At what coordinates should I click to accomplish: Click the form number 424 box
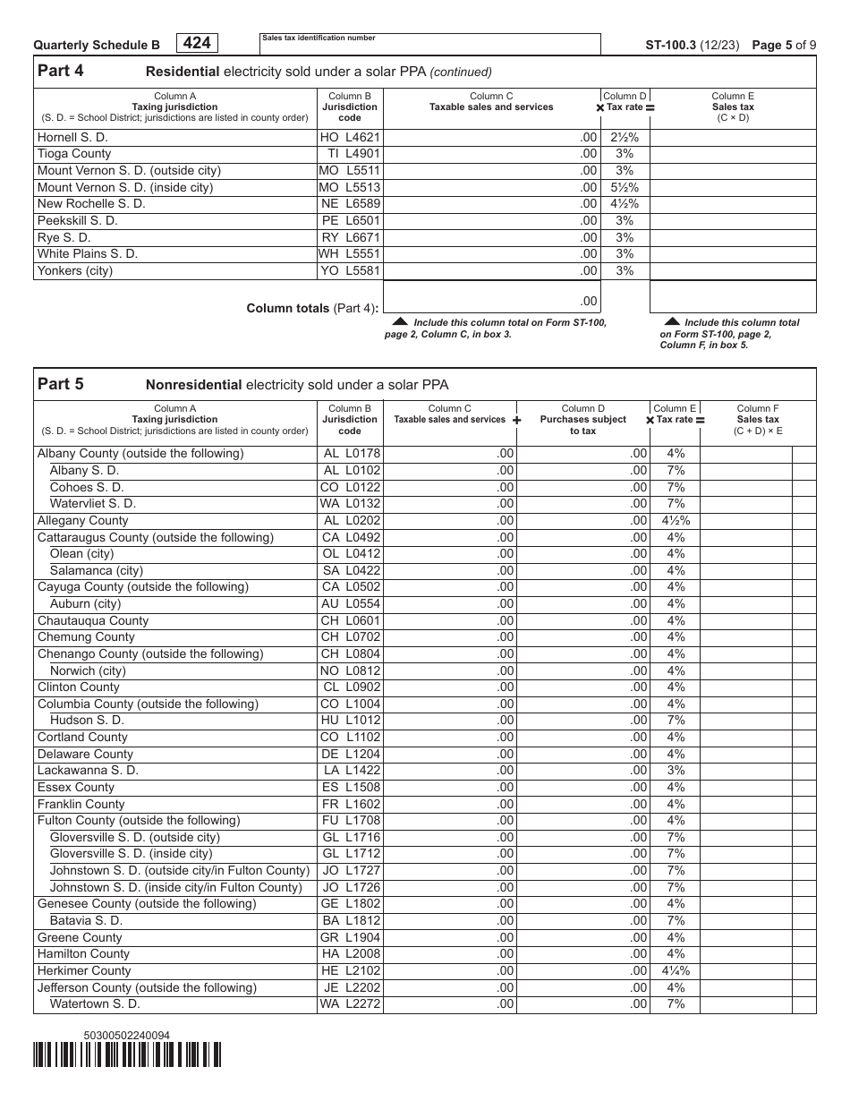[x=197, y=43]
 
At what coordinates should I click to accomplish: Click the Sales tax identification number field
[x=429, y=45]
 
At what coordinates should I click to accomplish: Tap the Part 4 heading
[x=61, y=72]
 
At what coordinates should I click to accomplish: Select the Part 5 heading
[x=61, y=384]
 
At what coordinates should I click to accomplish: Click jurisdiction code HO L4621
[x=350, y=138]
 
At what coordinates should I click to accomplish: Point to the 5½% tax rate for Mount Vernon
[x=625, y=187]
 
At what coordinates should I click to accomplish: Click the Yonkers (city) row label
[x=75, y=270]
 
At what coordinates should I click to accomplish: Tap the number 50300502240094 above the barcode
[x=126, y=1036]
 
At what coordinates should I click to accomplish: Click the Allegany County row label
[x=83, y=520]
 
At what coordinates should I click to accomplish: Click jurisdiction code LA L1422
[x=350, y=770]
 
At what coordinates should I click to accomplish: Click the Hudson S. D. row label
[x=87, y=720]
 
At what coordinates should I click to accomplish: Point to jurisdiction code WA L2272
[x=350, y=1004]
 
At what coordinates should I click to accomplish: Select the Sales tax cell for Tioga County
[x=733, y=154]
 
